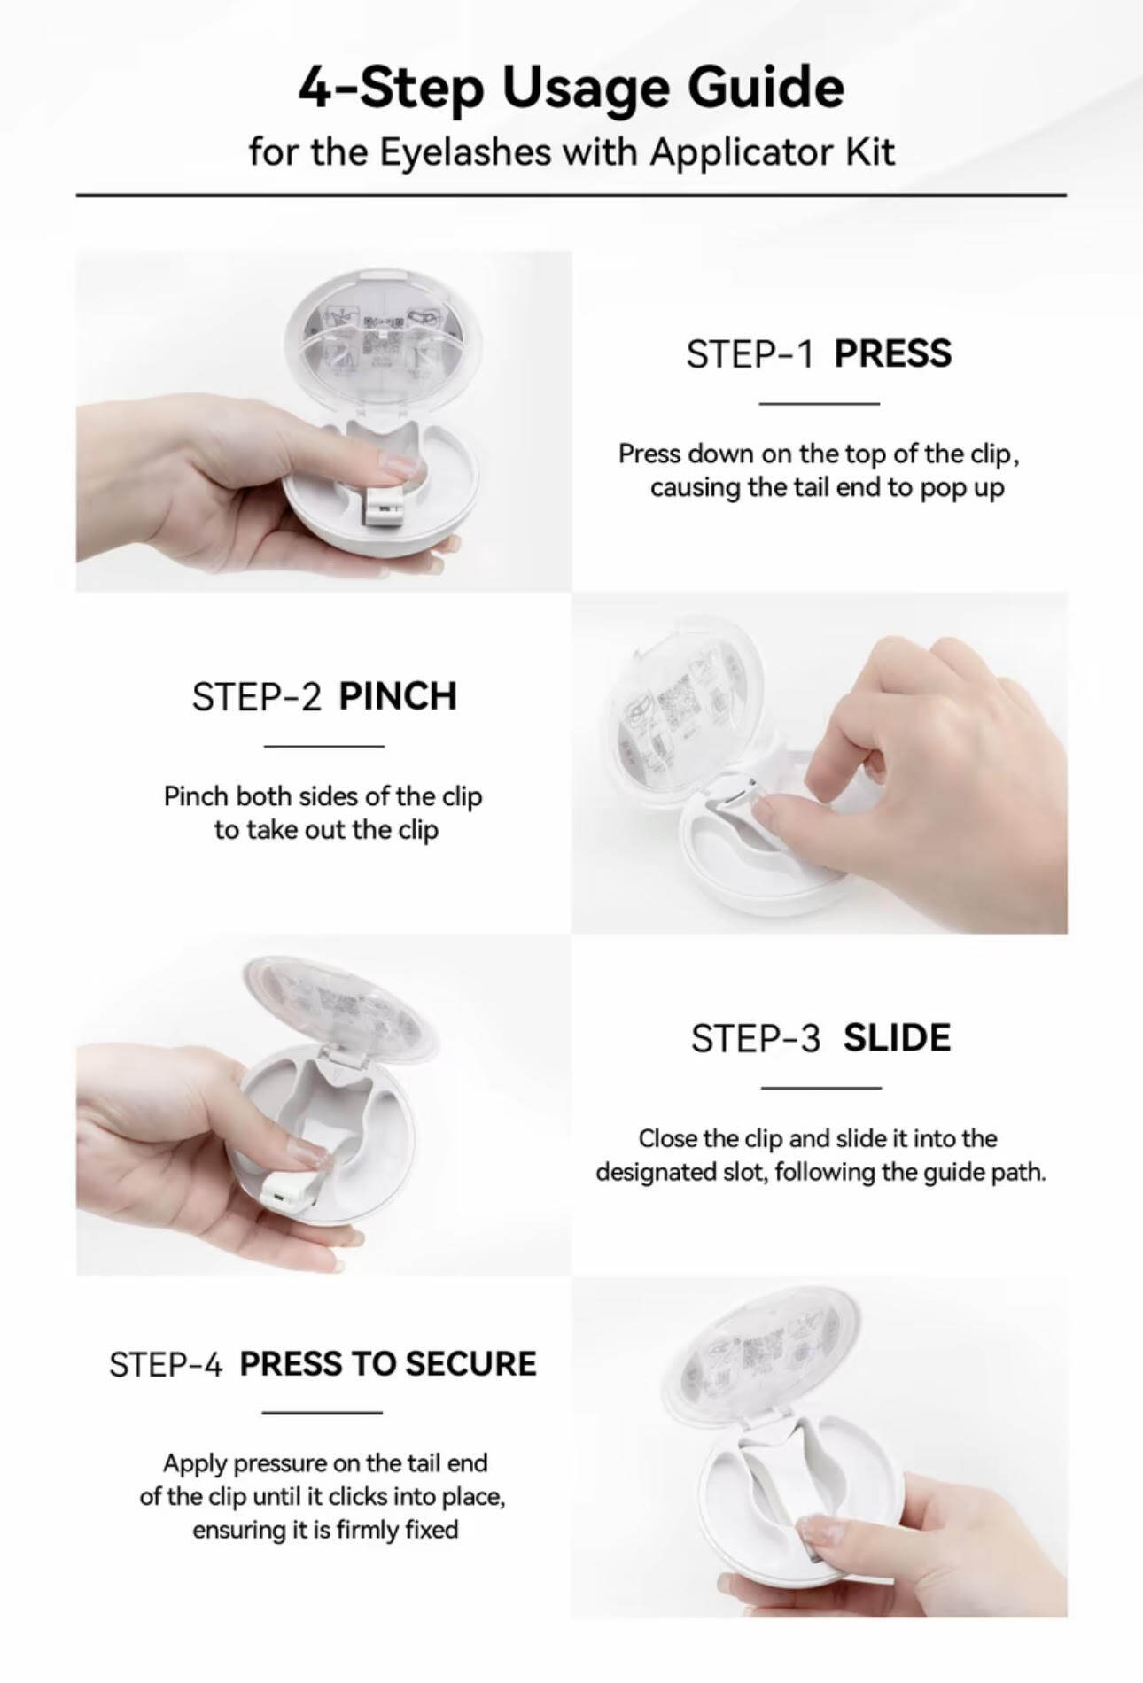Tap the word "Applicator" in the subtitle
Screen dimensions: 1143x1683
pyautogui.click(x=743, y=152)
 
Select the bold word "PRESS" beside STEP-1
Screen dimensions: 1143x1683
pyautogui.click(x=892, y=354)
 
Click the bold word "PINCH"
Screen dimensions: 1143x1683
pyautogui.click(x=398, y=697)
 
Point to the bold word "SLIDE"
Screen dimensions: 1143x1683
pyautogui.click(x=897, y=1038)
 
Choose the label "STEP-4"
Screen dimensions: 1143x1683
pyautogui.click(x=166, y=1364)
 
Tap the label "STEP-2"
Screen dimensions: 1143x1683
pyautogui.click(x=256, y=697)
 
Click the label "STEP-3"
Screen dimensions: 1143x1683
pyautogui.click(x=756, y=1038)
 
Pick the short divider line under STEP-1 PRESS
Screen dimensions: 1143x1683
pyautogui.click(x=820, y=404)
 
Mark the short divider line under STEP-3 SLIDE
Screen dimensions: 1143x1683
pyautogui.click(x=821, y=1088)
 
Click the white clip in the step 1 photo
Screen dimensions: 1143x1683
pyautogui.click(x=383, y=501)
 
